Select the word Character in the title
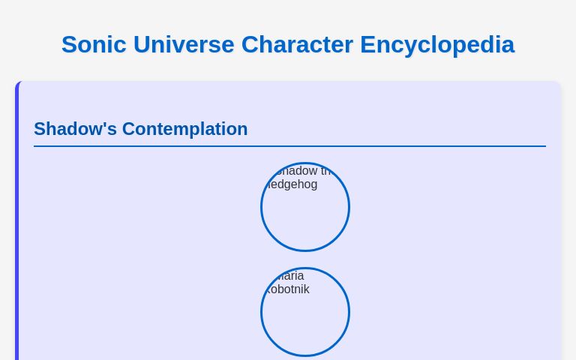pyautogui.click(x=297, y=44)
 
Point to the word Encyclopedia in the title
pyautogui.click(x=437, y=44)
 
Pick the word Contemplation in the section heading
pyautogui.click(x=184, y=129)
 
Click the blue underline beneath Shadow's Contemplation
pyautogui.click(x=289, y=146)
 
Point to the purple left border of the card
pyautogui.click(x=16, y=225)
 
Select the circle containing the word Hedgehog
pyautogui.click(x=305, y=217)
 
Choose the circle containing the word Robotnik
pyautogui.click(x=305, y=322)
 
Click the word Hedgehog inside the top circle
pyautogui.click(x=292, y=184)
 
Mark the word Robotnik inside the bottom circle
pyautogui.click(x=288, y=289)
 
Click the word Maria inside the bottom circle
pyautogui.click(x=288, y=276)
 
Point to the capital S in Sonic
pyautogui.click(x=69, y=44)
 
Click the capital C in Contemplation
pyautogui.click(x=129, y=129)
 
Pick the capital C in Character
pyautogui.click(x=250, y=44)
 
